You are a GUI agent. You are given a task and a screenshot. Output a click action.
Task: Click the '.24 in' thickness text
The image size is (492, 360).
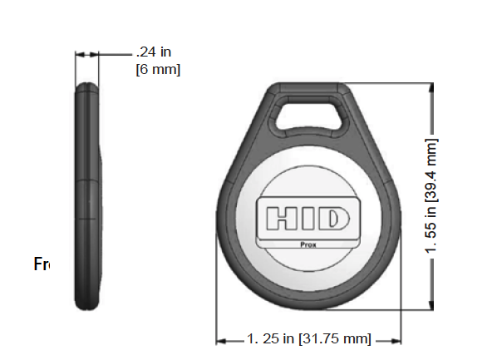[156, 52]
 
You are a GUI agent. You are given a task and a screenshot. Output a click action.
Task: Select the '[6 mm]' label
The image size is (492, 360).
[158, 69]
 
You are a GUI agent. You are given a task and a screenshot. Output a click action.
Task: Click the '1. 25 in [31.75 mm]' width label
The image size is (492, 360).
[309, 339]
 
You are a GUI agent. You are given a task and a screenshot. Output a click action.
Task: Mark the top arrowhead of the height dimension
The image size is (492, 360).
[430, 87]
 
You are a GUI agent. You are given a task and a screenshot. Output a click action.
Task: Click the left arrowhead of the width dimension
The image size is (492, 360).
[221, 339]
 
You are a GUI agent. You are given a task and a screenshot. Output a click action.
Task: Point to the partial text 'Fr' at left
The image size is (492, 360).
[42, 265]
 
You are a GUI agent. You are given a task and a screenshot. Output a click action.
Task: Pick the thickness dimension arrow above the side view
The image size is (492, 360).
[86, 55]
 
